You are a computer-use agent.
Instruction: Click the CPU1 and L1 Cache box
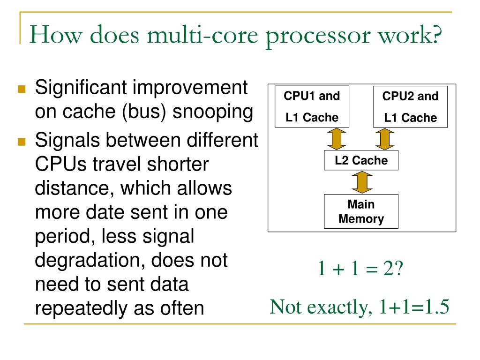click(x=312, y=107)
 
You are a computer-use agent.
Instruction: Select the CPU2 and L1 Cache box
click(x=410, y=107)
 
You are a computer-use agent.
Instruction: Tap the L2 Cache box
click(x=361, y=161)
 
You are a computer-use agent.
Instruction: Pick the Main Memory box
click(x=361, y=211)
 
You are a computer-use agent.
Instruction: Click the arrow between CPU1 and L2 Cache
click(x=337, y=139)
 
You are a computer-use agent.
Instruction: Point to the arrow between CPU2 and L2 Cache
click(x=385, y=139)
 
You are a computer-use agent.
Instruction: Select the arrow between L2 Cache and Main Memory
click(x=361, y=182)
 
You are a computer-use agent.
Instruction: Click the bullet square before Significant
click(x=22, y=89)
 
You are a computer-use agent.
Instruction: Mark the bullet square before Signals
click(x=22, y=141)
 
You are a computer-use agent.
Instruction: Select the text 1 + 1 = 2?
click(x=360, y=269)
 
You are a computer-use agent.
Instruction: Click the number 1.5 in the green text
click(x=436, y=307)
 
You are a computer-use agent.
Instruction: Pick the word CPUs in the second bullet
click(x=60, y=164)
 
